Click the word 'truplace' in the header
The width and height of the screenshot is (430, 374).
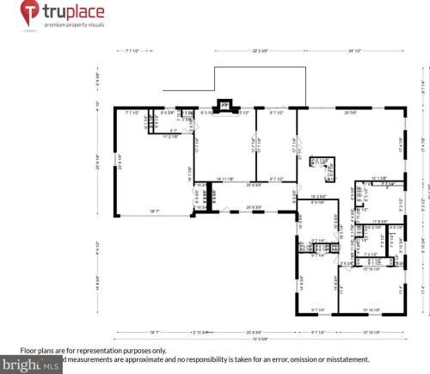(78, 12)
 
